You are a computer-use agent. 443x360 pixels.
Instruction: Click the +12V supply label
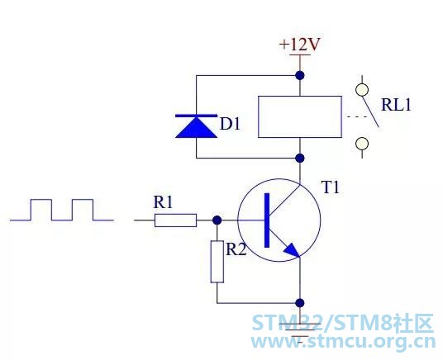click(300, 45)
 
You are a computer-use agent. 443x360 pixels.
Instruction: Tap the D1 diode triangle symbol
click(197, 126)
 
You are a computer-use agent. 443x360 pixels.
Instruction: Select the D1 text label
click(230, 124)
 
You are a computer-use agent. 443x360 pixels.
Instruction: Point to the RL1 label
click(396, 105)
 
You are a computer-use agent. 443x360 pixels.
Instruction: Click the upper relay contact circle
click(362, 90)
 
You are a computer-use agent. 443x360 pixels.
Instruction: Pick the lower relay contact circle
click(362, 144)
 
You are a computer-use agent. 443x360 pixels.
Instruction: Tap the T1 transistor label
click(331, 187)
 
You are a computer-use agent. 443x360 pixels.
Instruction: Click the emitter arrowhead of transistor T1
click(293, 250)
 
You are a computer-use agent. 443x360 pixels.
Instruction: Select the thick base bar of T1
click(267, 220)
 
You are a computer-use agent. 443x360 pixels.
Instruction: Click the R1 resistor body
click(175, 220)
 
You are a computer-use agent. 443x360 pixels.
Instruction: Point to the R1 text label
click(163, 202)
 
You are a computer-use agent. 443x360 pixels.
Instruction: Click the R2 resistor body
click(217, 262)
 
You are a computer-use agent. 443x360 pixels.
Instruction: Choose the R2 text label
click(236, 249)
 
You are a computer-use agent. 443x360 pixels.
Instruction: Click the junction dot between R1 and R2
click(217, 220)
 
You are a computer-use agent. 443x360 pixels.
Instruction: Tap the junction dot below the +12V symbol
click(300, 75)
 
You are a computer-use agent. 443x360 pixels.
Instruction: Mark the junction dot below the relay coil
click(300, 158)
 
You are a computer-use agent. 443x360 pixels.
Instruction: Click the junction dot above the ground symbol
click(300, 303)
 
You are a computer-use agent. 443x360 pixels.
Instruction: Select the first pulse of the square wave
click(41, 200)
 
